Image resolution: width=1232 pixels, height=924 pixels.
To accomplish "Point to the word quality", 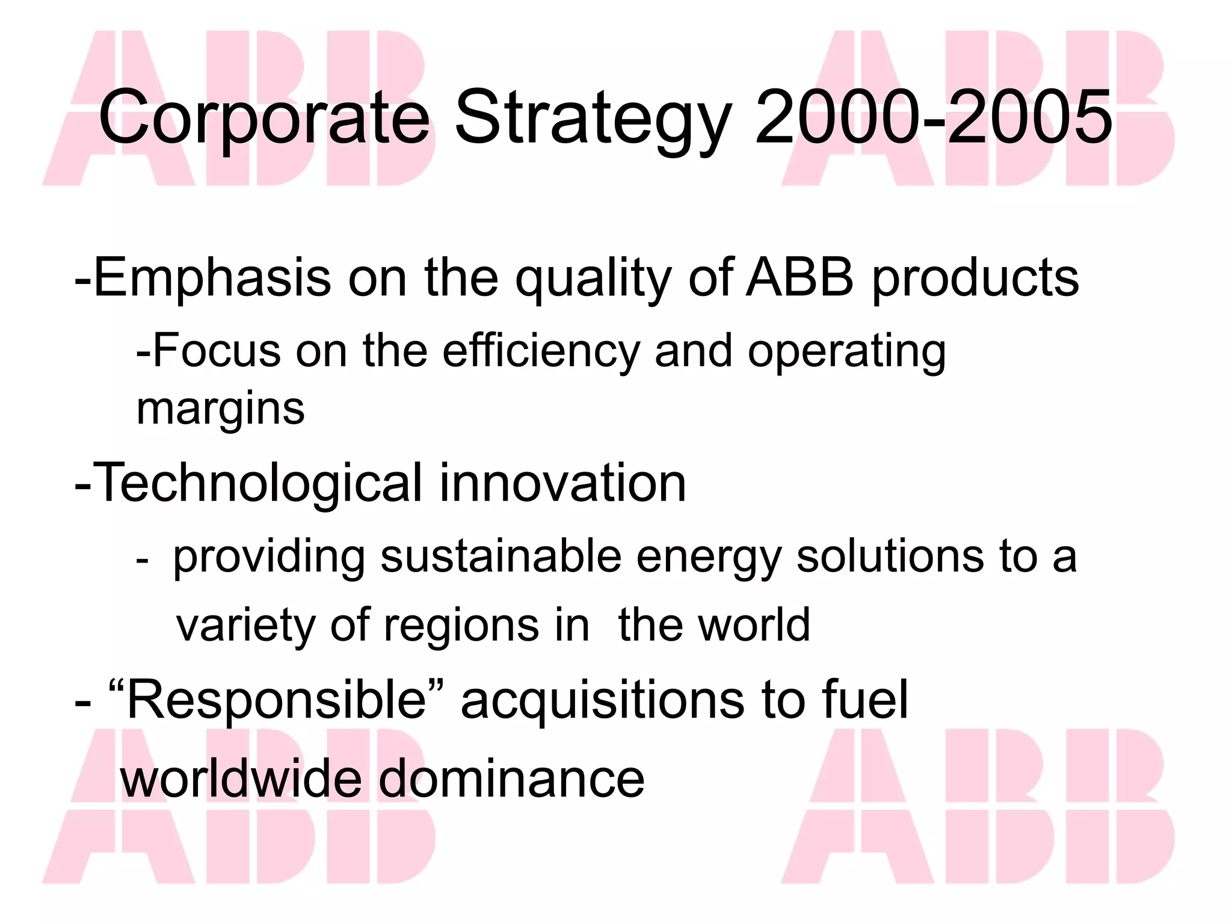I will (x=593, y=280).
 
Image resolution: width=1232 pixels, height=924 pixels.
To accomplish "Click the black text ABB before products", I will (x=799, y=278).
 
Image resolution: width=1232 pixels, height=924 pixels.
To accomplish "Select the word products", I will (x=975, y=280).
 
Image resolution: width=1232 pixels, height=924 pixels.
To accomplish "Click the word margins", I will (x=221, y=410).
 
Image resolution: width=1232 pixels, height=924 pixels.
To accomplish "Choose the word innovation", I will (x=562, y=483).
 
